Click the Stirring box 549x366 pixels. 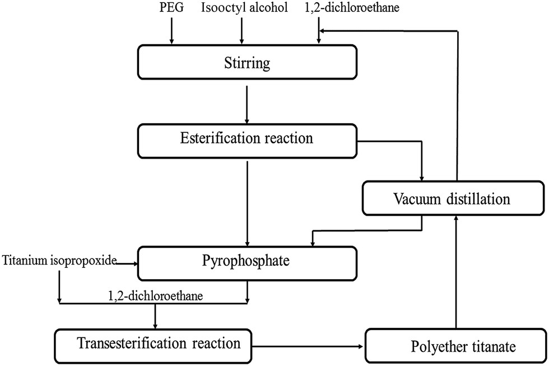point(246,63)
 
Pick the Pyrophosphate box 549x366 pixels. point(246,262)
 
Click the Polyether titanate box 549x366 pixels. point(455,346)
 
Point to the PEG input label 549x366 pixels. point(171,8)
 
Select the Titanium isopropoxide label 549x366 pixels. point(59,261)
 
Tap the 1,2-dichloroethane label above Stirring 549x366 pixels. point(344,8)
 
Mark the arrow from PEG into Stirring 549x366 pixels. point(171,31)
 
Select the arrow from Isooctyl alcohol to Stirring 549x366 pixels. point(241,31)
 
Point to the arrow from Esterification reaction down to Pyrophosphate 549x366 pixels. point(246,202)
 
